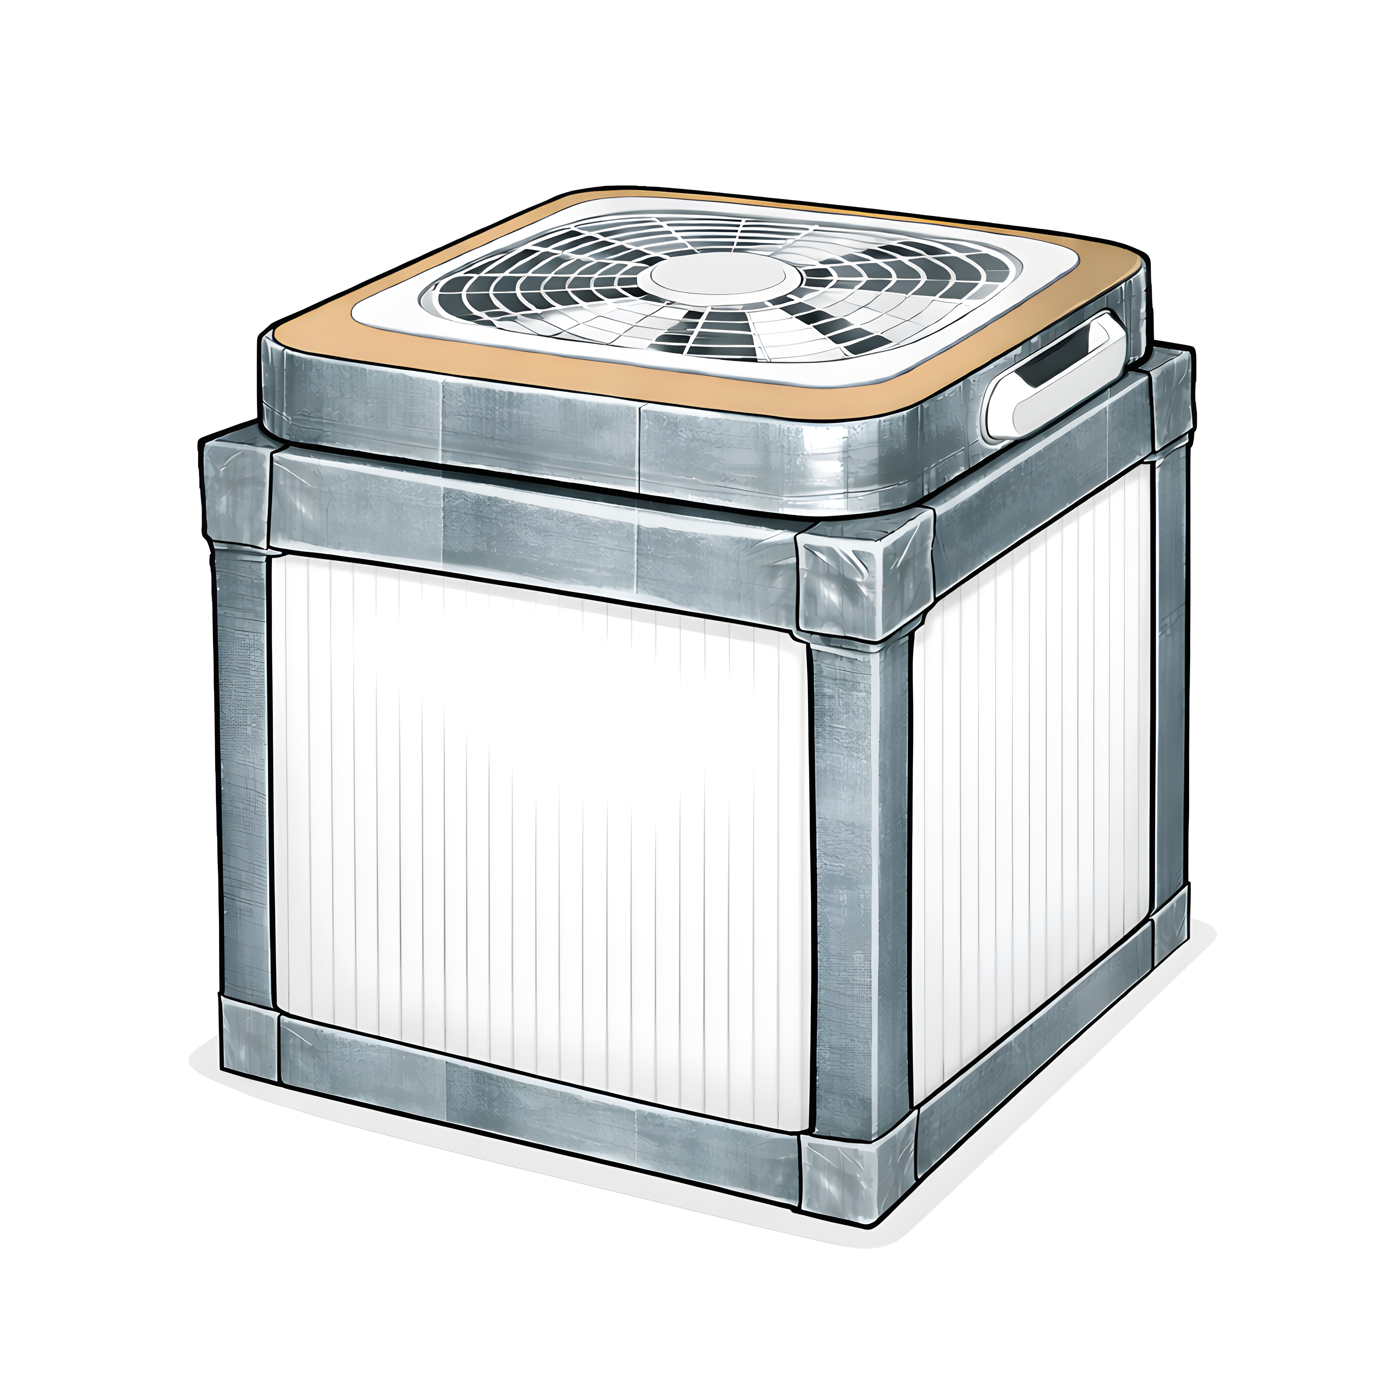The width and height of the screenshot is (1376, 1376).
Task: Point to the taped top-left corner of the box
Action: point(235,491)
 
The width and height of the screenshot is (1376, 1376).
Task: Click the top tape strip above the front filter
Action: point(534,520)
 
